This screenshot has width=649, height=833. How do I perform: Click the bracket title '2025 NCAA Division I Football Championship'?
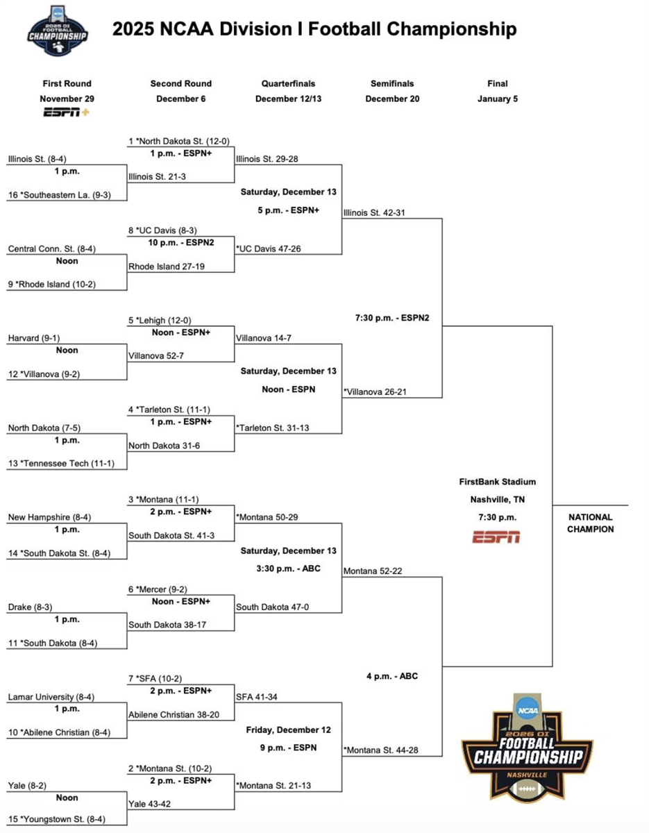(314, 29)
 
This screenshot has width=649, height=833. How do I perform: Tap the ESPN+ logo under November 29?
(67, 112)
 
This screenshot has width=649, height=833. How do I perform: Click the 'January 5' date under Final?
(498, 99)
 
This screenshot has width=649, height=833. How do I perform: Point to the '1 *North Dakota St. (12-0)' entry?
(179, 142)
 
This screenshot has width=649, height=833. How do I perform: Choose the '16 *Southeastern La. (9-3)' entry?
(58, 195)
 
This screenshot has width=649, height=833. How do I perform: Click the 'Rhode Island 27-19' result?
(167, 266)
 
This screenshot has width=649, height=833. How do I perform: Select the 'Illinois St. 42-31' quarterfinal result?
(373, 212)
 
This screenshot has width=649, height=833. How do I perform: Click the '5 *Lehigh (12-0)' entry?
(160, 321)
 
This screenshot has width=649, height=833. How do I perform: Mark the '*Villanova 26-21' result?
(375, 392)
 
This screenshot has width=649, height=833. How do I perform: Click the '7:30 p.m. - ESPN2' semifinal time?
(392, 318)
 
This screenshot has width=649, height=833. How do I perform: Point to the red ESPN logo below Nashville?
(497, 537)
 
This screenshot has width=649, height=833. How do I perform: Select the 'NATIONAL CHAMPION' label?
(591, 523)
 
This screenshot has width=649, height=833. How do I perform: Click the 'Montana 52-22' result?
(373, 571)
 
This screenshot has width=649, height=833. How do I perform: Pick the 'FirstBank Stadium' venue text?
(497, 482)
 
